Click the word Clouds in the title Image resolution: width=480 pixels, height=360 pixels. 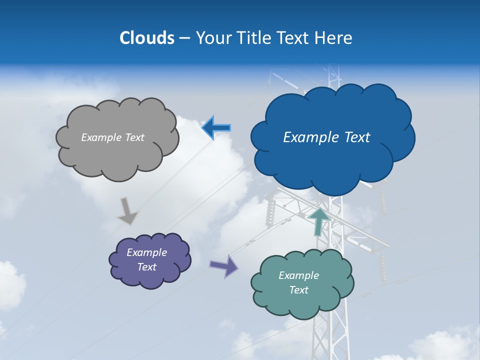pyautogui.click(x=147, y=38)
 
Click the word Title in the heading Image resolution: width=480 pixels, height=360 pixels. pyautogui.click(x=254, y=38)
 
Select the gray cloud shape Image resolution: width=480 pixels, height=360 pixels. pyautogui.click(x=117, y=155)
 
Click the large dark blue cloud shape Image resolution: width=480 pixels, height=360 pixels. pyautogui.click(x=332, y=160)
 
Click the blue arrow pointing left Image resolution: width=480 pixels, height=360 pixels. pyautogui.click(x=216, y=128)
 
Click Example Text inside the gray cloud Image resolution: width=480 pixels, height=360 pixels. pyautogui.click(x=112, y=137)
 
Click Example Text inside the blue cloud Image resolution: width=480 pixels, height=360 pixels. pyautogui.click(x=326, y=137)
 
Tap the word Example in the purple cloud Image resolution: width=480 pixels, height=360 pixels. pyautogui.click(x=146, y=252)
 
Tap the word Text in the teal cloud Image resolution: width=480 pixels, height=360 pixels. pyautogui.click(x=298, y=290)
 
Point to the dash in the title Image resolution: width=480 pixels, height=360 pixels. pyautogui.click(x=184, y=38)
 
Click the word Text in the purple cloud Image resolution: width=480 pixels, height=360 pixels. pyautogui.click(x=146, y=267)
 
